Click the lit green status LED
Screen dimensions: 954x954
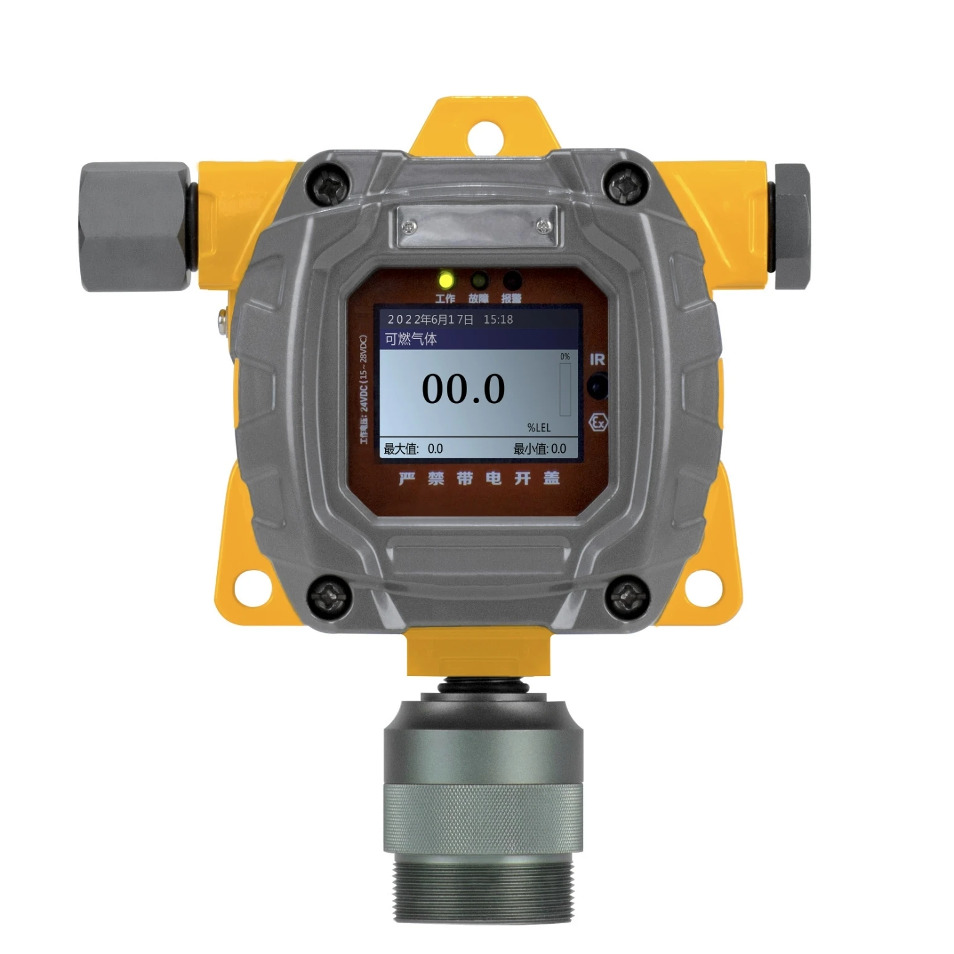point(445,281)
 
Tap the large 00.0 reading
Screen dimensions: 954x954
point(463,389)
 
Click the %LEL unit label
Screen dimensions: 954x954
point(538,427)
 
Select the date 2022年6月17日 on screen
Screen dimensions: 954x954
point(430,319)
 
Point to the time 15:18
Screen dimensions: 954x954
point(498,319)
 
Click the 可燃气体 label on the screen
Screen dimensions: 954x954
point(411,338)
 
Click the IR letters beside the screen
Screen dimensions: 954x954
point(597,359)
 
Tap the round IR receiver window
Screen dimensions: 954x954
point(597,387)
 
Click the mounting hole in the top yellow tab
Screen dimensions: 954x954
point(487,136)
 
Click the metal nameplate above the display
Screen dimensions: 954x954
point(476,226)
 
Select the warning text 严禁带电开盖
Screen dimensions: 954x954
point(479,478)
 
